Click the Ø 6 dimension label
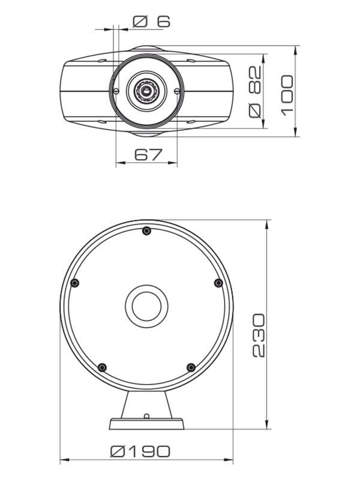pos(151,22)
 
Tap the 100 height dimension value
pos(287,94)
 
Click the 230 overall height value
pos(258,335)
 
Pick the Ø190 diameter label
pos(140,451)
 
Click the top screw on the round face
pos(146,231)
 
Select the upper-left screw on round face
pos(74,283)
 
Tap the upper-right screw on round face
pos(218,283)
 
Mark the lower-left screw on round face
pos(102,367)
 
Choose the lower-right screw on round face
pos(191,367)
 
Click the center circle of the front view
pos(146,306)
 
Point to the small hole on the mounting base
pos(146,416)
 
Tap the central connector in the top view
pos(146,91)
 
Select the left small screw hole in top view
pos(116,91)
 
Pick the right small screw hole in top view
pos(177,91)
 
